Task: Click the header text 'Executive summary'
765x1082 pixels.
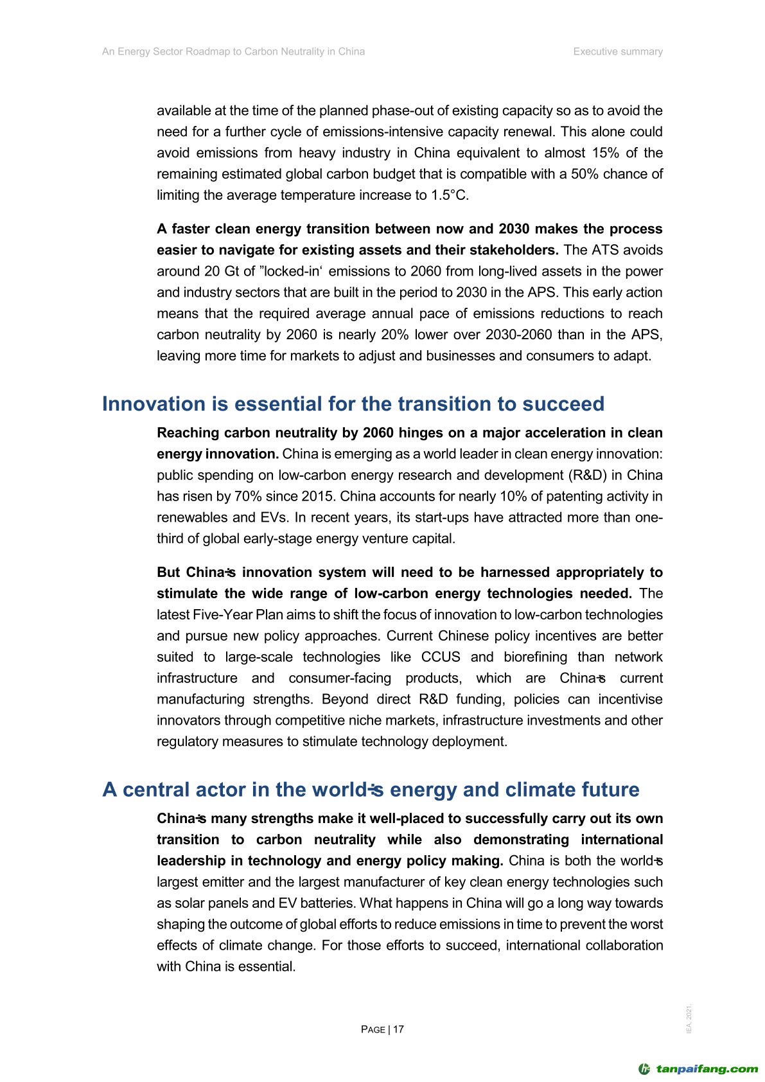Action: click(618, 51)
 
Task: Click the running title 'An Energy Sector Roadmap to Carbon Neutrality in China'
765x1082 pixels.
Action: click(233, 51)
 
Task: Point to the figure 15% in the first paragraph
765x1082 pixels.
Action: click(603, 153)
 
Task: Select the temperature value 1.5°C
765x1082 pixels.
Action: click(449, 195)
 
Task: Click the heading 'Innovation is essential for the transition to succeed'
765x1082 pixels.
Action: click(353, 404)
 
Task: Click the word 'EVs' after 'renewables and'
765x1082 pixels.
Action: click(273, 517)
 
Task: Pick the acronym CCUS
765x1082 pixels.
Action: click(441, 657)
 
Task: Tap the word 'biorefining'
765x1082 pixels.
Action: click(536, 657)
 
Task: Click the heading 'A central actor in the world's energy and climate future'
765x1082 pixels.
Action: click(371, 789)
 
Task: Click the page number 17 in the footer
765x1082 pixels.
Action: click(398, 1029)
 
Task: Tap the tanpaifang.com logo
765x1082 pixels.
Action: click(698, 1069)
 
